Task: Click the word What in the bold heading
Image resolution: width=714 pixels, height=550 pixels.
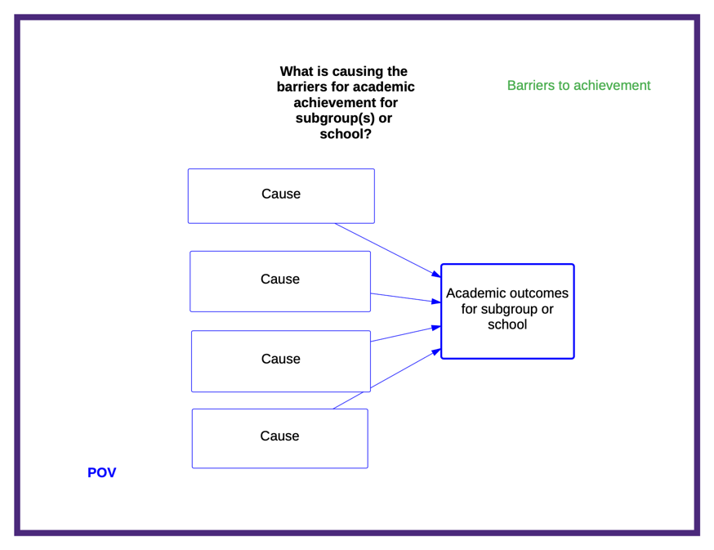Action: coord(297,72)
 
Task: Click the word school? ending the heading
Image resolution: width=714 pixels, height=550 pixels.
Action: coord(346,134)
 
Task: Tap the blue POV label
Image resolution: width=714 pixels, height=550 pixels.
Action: coord(101,472)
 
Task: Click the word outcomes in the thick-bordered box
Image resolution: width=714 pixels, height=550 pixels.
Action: coord(538,293)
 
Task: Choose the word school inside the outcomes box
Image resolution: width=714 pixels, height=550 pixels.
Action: coord(507,324)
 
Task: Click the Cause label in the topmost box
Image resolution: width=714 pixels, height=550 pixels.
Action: coord(281,194)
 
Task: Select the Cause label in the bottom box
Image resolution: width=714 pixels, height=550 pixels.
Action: coord(279,436)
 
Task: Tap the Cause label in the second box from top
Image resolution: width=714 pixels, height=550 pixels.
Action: coord(280,279)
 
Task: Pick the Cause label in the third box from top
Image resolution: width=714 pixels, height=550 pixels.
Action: coord(280,359)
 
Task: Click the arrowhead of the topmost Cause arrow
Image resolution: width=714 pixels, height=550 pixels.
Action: coord(436,274)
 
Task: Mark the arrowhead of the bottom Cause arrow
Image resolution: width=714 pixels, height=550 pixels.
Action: coord(436,351)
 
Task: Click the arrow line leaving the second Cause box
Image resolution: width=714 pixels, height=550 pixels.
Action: coord(406,297)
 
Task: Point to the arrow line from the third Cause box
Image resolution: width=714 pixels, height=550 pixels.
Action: coord(406,334)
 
